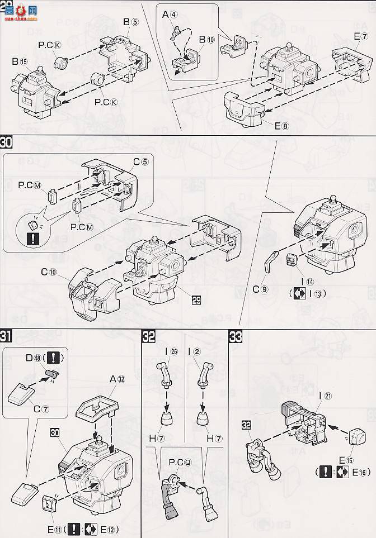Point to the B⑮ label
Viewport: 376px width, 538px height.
[19, 62]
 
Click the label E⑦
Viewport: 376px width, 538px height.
[360, 37]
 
